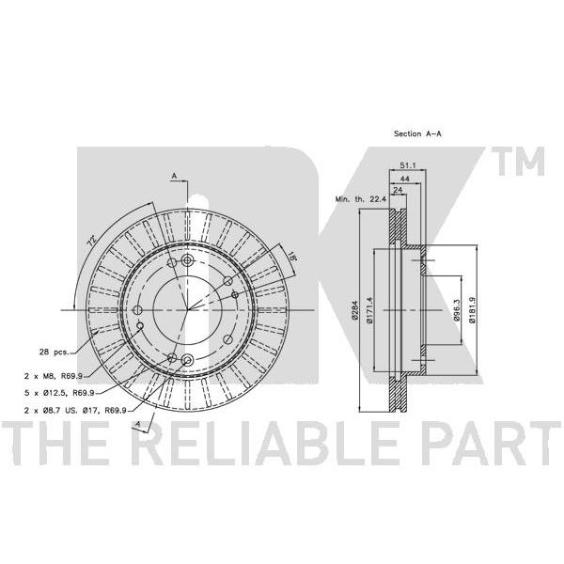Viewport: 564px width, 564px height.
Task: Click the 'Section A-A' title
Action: (417, 133)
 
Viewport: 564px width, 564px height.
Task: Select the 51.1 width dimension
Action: (408, 165)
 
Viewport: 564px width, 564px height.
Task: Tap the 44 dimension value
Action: (405, 179)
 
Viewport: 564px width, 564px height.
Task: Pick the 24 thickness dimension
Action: (398, 190)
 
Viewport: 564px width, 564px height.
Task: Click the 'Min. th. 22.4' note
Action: (360, 199)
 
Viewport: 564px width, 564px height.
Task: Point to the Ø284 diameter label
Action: (354, 310)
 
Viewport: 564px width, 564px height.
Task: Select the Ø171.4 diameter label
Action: (369, 310)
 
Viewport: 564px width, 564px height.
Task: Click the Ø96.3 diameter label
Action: (457, 310)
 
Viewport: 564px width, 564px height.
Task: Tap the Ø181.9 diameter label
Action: (472, 310)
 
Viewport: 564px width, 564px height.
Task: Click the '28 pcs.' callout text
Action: (54, 352)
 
